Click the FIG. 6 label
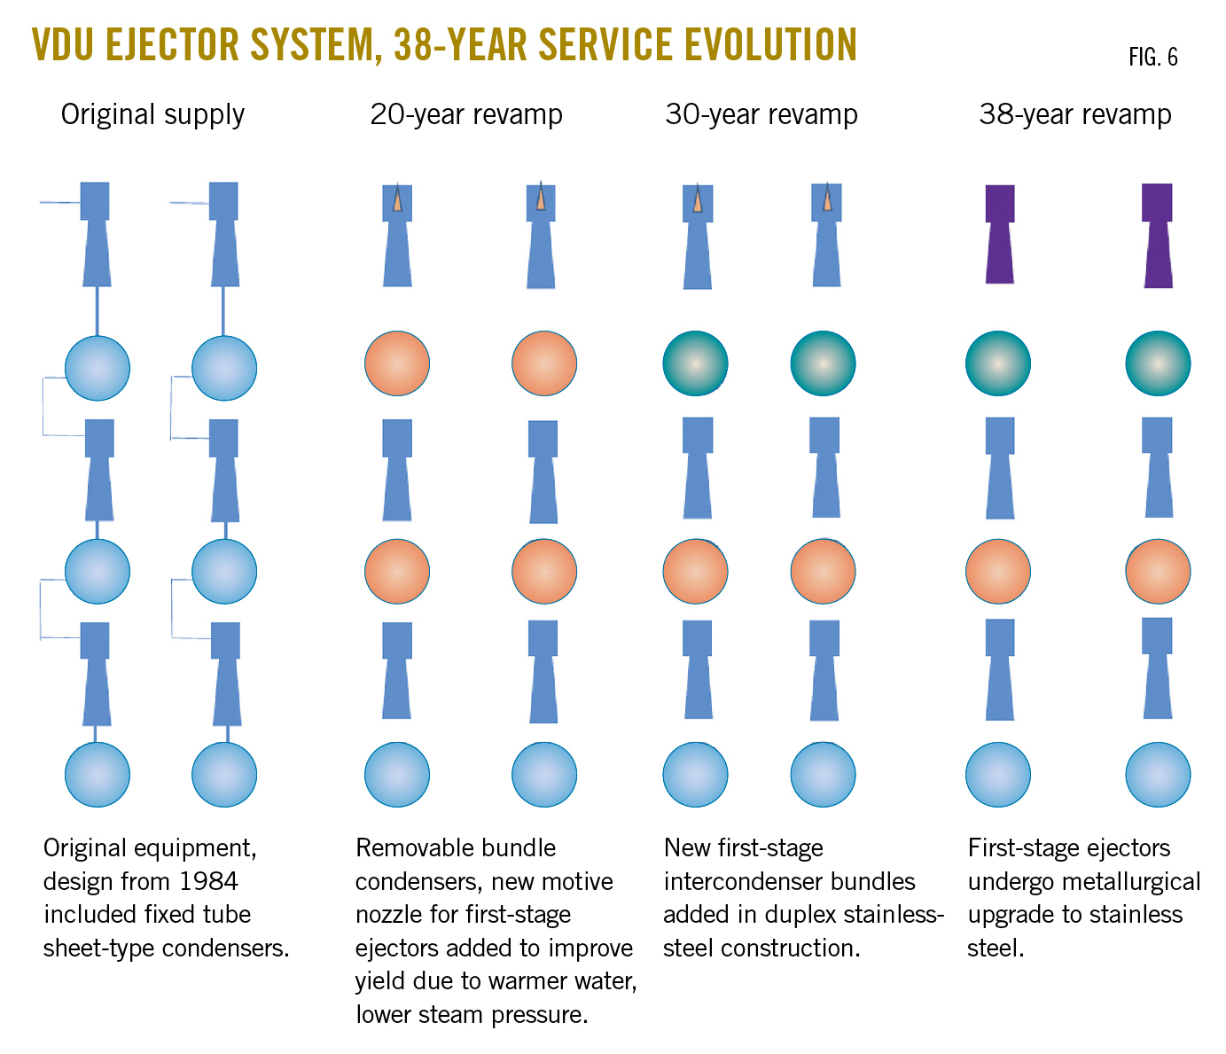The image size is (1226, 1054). coord(1152,58)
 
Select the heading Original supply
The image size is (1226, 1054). coord(152,114)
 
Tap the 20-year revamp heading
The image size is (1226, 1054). coord(465,114)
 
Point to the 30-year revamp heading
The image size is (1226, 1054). coord(761,114)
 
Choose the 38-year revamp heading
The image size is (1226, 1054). coord(1074,114)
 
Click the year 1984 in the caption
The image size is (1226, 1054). coord(208,881)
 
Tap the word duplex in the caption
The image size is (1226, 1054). coord(804,915)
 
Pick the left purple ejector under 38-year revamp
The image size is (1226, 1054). coord(1000,234)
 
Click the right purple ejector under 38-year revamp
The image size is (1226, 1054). coord(1158,236)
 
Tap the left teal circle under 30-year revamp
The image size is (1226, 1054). coord(696,363)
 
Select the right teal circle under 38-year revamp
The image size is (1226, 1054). coord(1158,363)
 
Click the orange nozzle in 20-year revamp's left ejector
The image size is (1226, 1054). coord(397,199)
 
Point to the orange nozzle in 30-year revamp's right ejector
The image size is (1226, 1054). coord(827,199)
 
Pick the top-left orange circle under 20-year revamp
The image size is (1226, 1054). coord(397,363)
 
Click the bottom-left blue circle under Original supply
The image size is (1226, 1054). coord(98,775)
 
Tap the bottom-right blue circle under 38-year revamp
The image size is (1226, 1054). coord(1158,775)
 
